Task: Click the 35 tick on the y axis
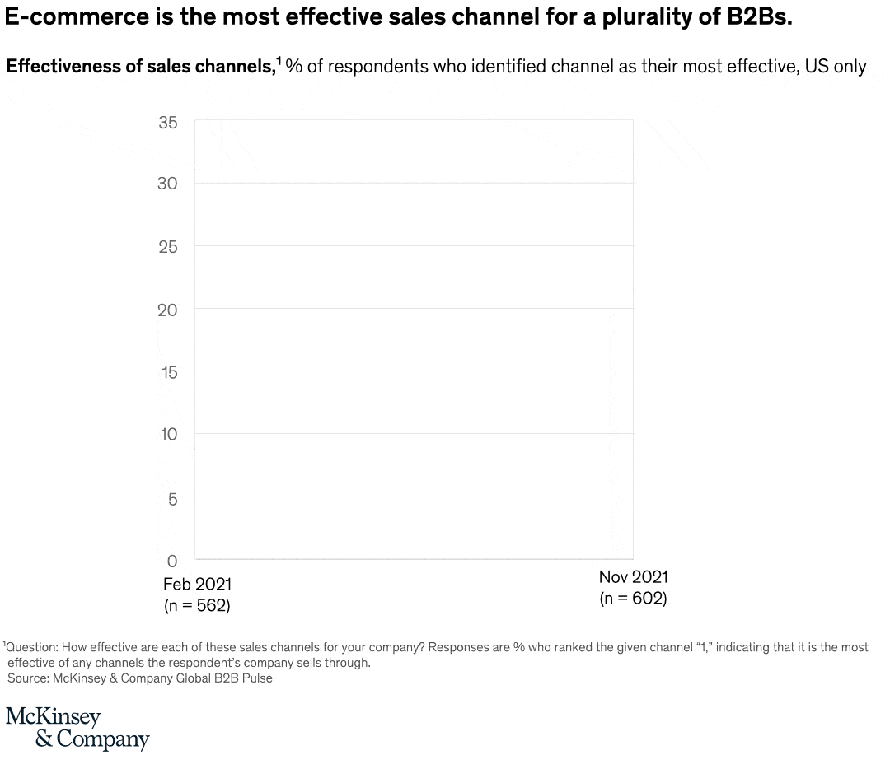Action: [167, 123]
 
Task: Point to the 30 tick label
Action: [167, 184]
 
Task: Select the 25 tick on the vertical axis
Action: [167, 247]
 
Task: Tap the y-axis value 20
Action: [167, 310]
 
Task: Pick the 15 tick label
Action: [167, 372]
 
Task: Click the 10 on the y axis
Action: [167, 434]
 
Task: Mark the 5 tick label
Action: [172, 498]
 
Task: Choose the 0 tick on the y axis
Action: [172, 562]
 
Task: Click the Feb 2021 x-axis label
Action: [197, 585]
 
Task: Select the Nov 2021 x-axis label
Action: [633, 577]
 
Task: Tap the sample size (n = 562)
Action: [197, 606]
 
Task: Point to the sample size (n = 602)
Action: [633, 599]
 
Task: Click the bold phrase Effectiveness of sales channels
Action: [140, 67]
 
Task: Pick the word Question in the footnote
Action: [32, 648]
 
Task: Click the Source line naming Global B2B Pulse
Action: [140, 678]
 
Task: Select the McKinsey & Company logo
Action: [77, 728]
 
